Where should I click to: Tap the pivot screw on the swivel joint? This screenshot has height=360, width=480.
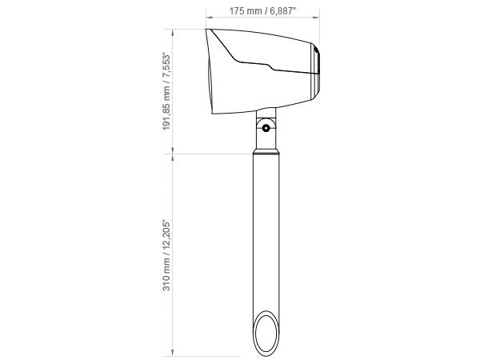point(266,128)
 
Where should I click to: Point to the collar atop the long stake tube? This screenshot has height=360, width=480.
point(266,151)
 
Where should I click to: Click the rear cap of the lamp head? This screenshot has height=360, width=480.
point(316,71)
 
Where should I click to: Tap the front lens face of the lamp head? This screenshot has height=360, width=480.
point(209,71)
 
